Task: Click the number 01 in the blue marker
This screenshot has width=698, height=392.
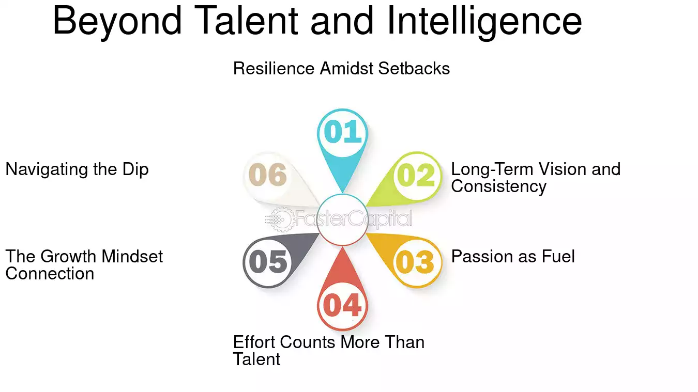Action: tap(342, 131)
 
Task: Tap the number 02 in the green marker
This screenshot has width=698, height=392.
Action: tap(416, 175)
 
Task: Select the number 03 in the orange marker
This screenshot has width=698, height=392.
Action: tap(415, 262)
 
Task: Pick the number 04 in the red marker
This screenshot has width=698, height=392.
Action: tap(342, 305)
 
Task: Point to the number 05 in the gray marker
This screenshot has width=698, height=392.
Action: tap(268, 262)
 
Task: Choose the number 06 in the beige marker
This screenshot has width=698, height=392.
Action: tap(268, 175)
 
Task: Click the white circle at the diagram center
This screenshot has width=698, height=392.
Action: tap(342, 220)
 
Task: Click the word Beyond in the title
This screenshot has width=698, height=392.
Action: tap(117, 21)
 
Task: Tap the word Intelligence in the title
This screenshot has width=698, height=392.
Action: tap(484, 21)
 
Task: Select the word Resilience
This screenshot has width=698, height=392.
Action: tap(274, 68)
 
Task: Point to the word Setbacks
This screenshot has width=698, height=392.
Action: tap(414, 68)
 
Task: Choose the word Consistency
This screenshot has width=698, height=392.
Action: tap(498, 187)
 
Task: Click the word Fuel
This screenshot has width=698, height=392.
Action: tap(558, 257)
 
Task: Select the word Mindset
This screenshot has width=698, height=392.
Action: tap(132, 257)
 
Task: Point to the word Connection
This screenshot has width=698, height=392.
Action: tap(50, 274)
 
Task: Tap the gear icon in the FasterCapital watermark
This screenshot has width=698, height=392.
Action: tap(281, 219)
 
